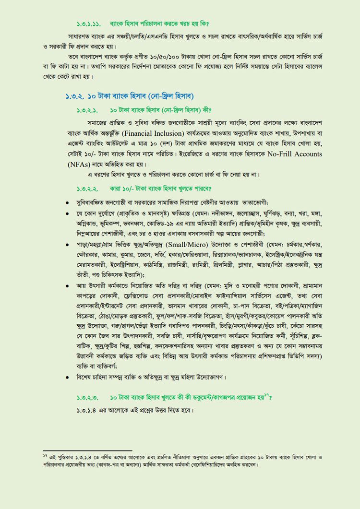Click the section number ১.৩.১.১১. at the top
click(90, 23)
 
